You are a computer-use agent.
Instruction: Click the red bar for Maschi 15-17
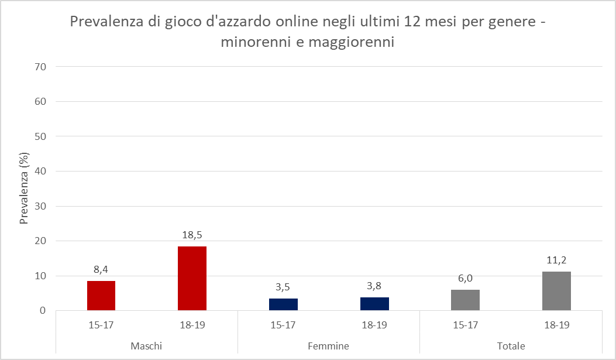coord(101,296)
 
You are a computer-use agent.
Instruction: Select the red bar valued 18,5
coord(192,278)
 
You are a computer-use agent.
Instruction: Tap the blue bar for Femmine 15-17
coord(283,304)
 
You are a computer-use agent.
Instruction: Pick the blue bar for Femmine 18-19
coord(374,304)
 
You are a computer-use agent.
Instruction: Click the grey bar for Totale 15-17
coord(466,300)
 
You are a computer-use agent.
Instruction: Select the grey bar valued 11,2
coord(556,291)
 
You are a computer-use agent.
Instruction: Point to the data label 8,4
coord(101,270)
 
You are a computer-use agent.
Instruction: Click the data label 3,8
coord(374,286)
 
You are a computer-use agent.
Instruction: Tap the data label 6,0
coord(466,279)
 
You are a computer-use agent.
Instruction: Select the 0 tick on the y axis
coord(43,311)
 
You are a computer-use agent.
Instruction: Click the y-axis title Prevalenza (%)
coord(25,189)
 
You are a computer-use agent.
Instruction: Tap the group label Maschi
coord(146,346)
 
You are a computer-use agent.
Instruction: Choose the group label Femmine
coord(328,346)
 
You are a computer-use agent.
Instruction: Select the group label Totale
coord(511,346)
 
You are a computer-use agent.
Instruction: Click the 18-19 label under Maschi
coord(192,325)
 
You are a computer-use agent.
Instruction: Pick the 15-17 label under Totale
coord(466,325)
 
